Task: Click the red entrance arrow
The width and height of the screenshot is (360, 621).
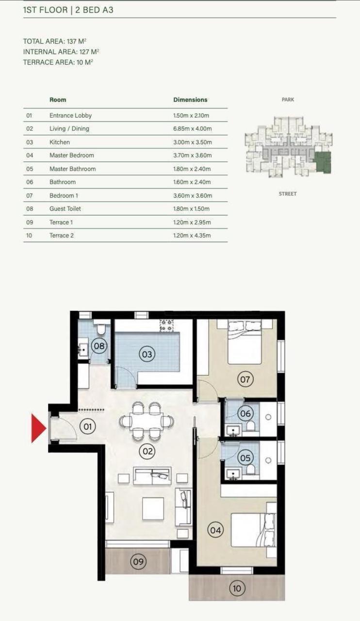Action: click(x=38, y=428)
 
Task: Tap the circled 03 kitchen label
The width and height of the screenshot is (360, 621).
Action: click(x=147, y=354)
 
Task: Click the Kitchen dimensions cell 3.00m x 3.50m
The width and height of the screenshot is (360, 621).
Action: click(x=193, y=142)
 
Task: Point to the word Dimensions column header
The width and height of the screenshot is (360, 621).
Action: click(x=190, y=100)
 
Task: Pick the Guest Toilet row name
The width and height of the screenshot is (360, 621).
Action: click(x=65, y=209)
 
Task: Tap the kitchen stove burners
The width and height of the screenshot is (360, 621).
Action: click(x=166, y=326)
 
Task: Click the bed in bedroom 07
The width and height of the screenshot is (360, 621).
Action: click(x=245, y=342)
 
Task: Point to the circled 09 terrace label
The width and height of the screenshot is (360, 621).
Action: click(x=138, y=562)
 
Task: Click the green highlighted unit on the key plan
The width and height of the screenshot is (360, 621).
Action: click(x=323, y=162)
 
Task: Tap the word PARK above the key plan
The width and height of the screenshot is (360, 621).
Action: click(x=288, y=99)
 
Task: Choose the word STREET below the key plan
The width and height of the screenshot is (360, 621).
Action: click(x=288, y=194)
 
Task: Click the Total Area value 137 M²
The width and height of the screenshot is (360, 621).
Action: click(x=77, y=41)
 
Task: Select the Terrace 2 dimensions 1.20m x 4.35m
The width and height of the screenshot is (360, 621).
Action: click(x=192, y=236)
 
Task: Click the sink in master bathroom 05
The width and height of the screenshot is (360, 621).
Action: click(x=233, y=474)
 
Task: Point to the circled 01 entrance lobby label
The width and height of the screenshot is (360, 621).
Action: click(x=87, y=426)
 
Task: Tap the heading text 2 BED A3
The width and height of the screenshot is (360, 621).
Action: click(x=94, y=10)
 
